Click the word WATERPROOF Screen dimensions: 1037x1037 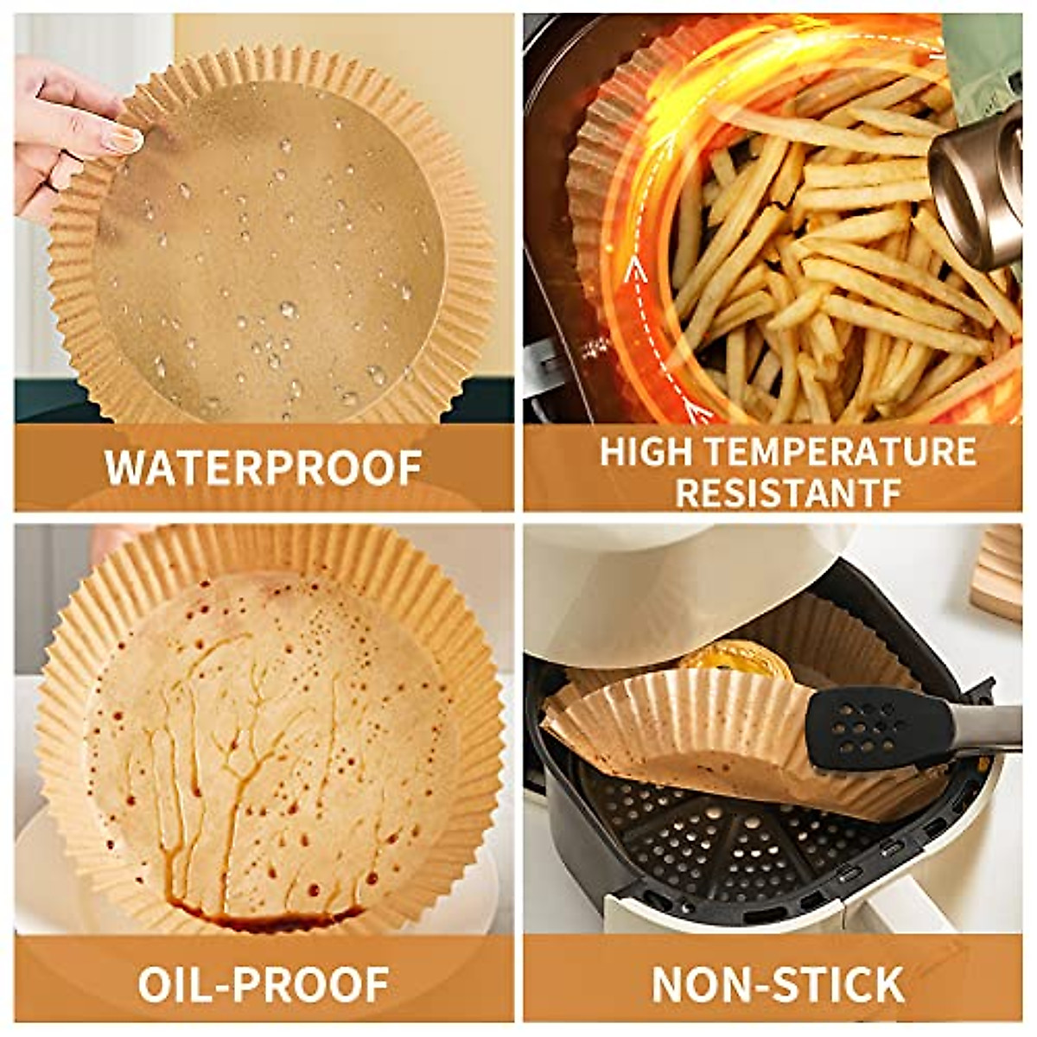[264, 468]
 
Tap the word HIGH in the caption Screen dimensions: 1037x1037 [638, 452]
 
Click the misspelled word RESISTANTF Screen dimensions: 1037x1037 [788, 491]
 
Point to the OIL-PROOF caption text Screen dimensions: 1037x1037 [264, 983]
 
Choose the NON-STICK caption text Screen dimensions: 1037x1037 [778, 983]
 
